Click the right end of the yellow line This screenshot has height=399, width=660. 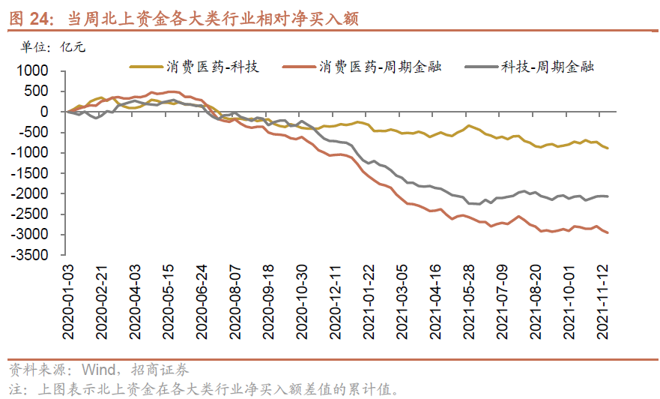point(608,148)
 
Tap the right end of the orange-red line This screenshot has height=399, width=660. point(608,233)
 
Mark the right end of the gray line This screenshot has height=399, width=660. point(608,196)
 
